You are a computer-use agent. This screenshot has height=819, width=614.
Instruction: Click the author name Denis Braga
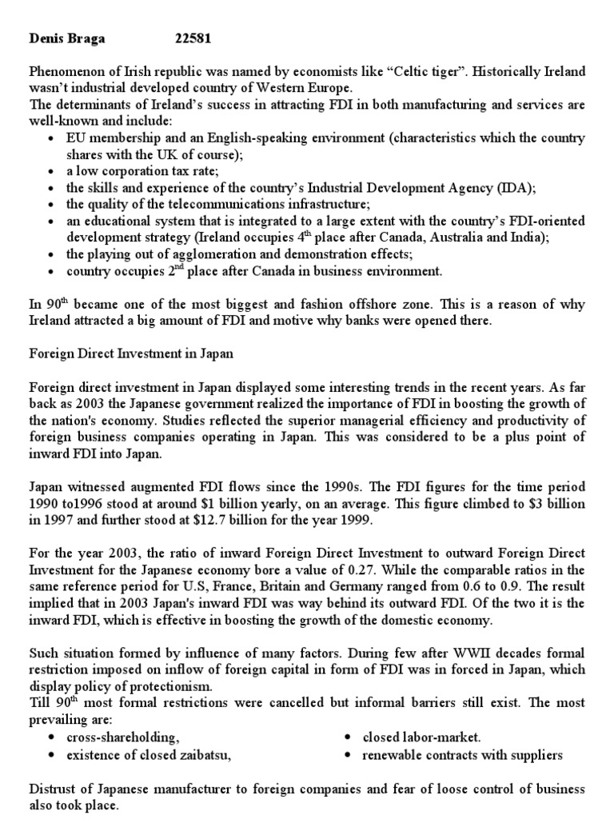(x=67, y=38)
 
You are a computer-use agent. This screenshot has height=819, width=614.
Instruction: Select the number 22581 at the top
(x=193, y=38)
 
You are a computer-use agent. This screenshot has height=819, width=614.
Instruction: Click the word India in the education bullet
(x=507, y=236)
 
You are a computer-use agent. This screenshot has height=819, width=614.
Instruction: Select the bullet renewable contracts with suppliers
(x=462, y=754)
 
